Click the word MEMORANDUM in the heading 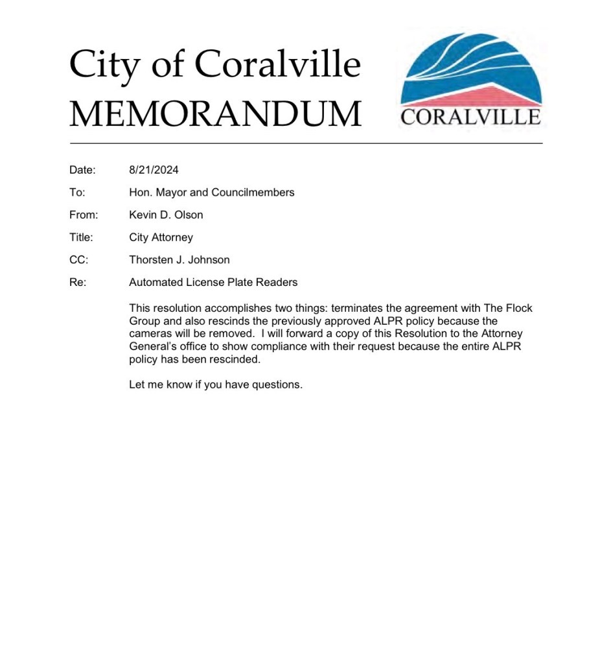pos(215,113)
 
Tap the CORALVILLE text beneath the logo pos(471,117)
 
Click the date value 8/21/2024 pos(154,170)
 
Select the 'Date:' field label pos(82,170)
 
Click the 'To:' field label pos(77,193)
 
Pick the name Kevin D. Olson pos(166,215)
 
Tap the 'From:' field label pos(84,215)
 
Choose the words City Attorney pos(161,237)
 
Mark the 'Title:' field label pos(81,237)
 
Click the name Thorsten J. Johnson pos(179,260)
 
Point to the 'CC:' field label pos(78,260)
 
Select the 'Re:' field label pos(78,282)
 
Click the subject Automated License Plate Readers pos(213,282)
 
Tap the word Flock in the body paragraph pos(518,308)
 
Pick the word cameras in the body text pos(150,333)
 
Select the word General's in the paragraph pos(154,346)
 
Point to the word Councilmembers pos(253,193)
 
